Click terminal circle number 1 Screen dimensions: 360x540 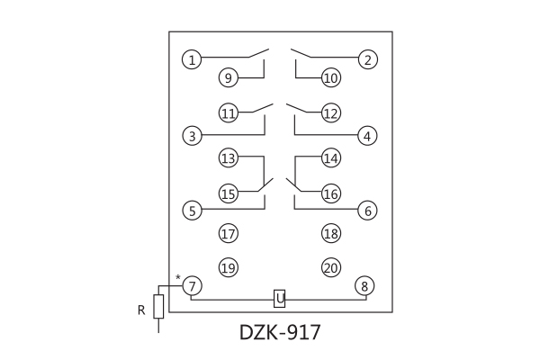click(x=191, y=60)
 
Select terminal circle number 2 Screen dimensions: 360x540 click(x=366, y=60)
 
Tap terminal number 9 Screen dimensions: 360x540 click(x=229, y=78)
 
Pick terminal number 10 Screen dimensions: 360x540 click(x=330, y=78)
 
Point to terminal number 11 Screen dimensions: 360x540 click(x=229, y=113)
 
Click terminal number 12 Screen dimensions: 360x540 click(x=330, y=113)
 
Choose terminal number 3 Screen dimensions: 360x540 click(x=191, y=136)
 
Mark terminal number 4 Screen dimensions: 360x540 click(x=366, y=136)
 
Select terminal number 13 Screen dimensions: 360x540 click(x=229, y=158)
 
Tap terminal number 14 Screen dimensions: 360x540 click(x=330, y=158)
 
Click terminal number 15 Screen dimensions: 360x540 click(x=229, y=193)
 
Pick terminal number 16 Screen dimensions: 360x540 click(x=330, y=193)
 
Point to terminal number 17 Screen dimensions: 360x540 click(x=229, y=234)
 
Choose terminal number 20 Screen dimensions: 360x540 click(x=330, y=267)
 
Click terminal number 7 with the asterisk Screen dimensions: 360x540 click(x=191, y=285)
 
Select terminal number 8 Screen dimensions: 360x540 click(x=364, y=285)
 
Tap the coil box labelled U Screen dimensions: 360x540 click(x=280, y=297)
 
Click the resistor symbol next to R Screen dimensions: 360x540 click(x=158, y=306)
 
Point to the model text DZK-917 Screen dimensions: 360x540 click(x=280, y=332)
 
